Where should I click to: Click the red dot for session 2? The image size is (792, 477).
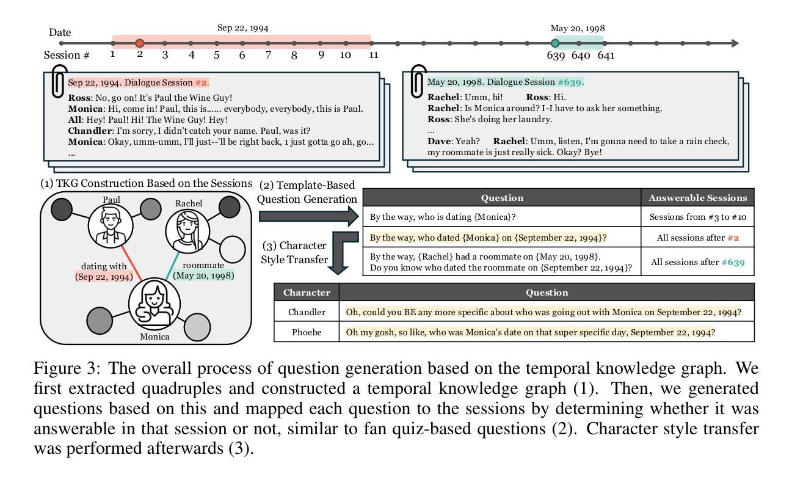coord(140,43)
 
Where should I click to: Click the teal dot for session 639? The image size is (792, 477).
coord(555,43)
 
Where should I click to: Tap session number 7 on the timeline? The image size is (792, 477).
coord(268,55)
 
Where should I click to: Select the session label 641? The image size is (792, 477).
coord(606,56)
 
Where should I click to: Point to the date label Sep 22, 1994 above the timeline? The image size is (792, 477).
coord(242,28)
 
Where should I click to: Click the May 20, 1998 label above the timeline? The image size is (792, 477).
coord(578,28)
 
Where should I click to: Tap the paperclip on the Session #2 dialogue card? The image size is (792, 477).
coord(58,83)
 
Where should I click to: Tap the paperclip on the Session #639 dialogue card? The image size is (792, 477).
coord(418,81)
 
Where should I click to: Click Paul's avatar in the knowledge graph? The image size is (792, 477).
coord(111,225)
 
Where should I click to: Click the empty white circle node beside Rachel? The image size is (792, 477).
coord(231,249)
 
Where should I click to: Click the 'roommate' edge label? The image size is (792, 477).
coord(203,266)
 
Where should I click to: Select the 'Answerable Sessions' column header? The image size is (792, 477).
coord(698,197)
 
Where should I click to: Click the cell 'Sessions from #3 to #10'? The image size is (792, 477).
coord(698,217)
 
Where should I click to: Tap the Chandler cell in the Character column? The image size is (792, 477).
coord(307,312)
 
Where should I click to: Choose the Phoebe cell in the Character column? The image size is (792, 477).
coord(307,332)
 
